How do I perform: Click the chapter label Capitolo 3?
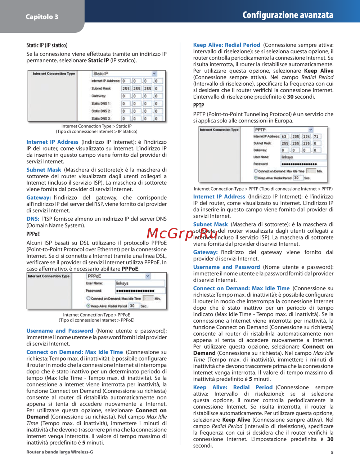point(42,17)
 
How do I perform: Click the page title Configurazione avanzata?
point(288,15)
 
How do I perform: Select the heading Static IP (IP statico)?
point(47,45)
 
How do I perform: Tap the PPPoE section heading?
point(33,234)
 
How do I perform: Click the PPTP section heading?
point(198,106)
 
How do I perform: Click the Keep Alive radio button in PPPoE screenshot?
point(88,306)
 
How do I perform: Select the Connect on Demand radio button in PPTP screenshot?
point(256,171)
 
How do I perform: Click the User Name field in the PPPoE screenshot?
point(140,283)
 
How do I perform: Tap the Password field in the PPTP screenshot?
point(303,164)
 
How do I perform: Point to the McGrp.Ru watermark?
point(182,234)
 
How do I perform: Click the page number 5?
point(332,452)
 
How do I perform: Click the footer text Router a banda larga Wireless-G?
point(60,452)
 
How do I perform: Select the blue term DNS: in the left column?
point(33,219)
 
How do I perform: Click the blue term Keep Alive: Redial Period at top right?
point(226,45)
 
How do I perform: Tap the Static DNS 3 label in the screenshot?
point(101,118)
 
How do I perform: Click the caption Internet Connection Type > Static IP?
point(96,126)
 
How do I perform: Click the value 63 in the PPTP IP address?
point(284,136)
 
